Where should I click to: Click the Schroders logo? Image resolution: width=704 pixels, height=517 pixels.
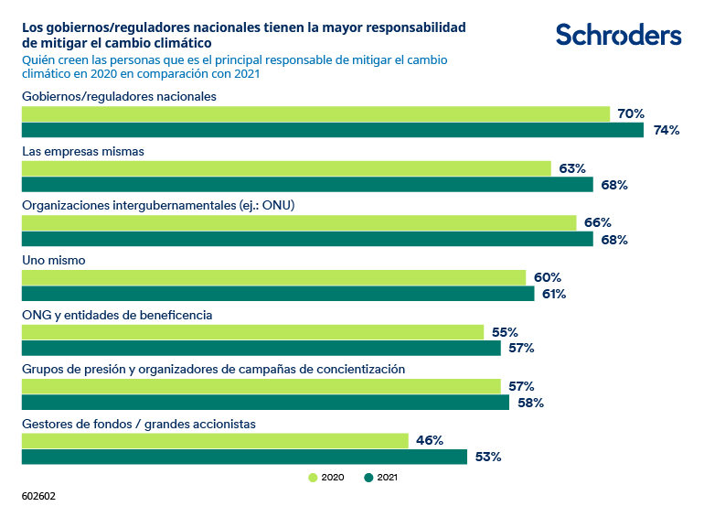[618, 35]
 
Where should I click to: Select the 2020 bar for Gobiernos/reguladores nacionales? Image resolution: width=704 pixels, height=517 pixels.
[315, 114]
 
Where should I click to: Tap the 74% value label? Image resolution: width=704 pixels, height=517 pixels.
[667, 131]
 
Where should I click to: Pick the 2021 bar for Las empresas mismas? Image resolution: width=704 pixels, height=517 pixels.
[307, 185]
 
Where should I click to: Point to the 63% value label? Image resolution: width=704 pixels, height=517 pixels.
[572, 168]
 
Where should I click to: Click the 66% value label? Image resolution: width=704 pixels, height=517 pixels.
[598, 223]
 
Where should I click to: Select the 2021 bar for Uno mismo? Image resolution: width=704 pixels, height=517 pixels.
[278, 294]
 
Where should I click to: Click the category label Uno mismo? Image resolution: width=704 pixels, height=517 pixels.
[54, 261]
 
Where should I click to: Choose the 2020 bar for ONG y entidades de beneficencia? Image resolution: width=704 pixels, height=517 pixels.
[252, 332]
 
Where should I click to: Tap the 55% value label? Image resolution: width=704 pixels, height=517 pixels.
[505, 332]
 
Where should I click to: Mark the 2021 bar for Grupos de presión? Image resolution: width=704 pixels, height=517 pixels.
[265, 403]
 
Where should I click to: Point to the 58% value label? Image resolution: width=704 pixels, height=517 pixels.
[530, 403]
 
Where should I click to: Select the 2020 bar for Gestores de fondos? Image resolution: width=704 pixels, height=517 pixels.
[215, 440]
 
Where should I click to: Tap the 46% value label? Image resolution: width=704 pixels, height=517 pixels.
[430, 440]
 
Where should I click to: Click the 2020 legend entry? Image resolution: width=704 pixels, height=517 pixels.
[326, 478]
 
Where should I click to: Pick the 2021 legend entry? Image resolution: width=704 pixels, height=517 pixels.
[381, 478]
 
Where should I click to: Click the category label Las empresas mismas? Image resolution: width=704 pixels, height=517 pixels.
[83, 151]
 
